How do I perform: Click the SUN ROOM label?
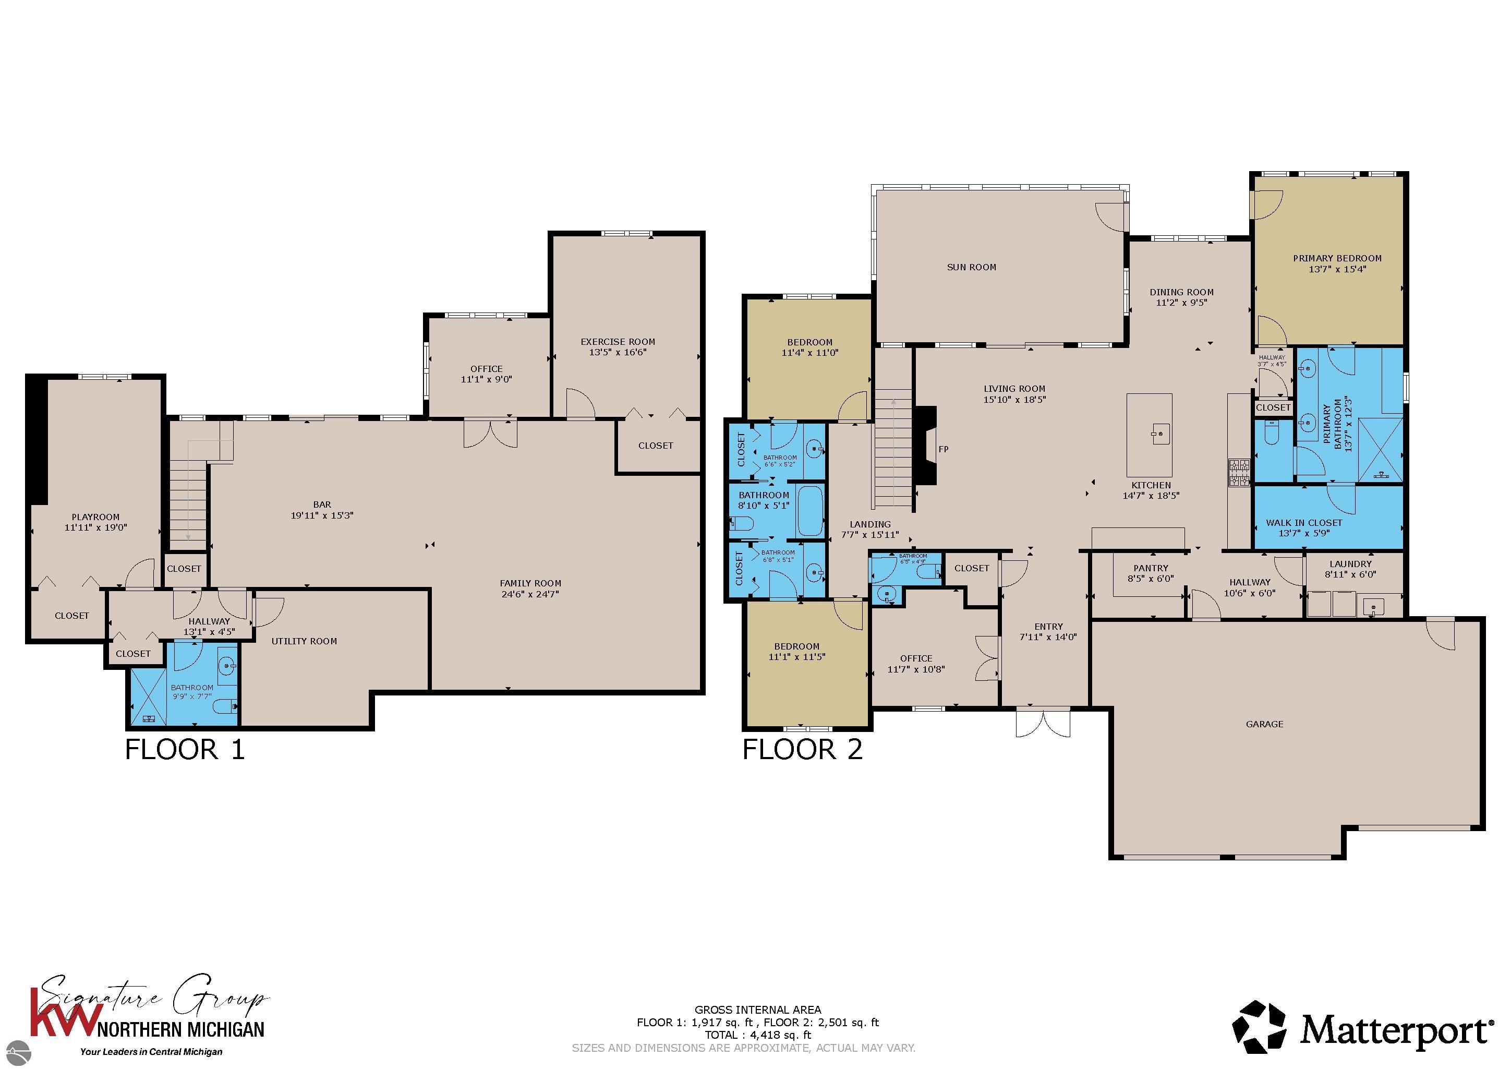coord(971,267)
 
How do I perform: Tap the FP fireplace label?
coord(943,450)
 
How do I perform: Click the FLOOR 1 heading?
coord(185,750)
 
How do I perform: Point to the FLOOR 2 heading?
coord(802,750)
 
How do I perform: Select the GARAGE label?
coord(1264,724)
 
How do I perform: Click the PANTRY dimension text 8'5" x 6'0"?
coord(1151,579)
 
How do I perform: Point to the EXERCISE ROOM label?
coord(618,342)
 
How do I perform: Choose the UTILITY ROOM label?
coord(304,641)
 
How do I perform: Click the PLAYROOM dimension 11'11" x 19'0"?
coord(95,527)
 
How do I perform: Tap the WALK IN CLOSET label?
coord(1304,523)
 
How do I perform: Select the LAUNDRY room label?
coord(1350,563)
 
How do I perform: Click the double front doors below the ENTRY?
coord(1043,722)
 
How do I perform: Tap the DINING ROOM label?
coord(1181,292)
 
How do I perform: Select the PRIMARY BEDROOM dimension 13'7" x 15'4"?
coord(1337,269)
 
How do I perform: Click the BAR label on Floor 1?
coord(322,505)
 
